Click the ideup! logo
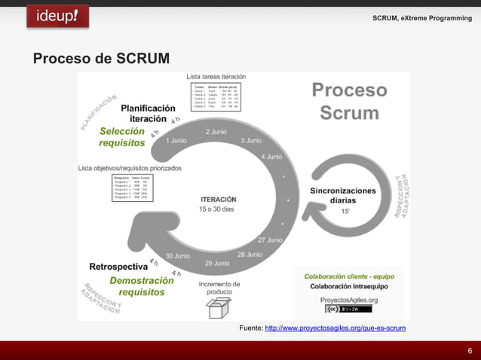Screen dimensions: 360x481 [57, 16]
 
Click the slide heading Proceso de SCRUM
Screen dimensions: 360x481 [100, 59]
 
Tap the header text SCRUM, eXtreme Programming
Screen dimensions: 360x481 [422, 17]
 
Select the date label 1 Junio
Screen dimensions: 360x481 [176, 141]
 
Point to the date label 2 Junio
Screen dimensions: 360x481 [216, 132]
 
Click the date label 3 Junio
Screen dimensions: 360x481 [251, 141]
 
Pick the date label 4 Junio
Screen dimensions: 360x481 [271, 157]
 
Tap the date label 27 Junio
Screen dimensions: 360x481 [270, 240]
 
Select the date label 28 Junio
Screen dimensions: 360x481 [250, 255]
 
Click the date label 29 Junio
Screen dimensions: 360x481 [217, 264]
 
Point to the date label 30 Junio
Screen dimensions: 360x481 [178, 256]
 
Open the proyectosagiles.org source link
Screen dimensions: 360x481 [335, 328]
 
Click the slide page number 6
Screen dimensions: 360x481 [470, 351]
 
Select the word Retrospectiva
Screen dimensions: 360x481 [118, 267]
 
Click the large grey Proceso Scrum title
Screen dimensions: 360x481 [350, 102]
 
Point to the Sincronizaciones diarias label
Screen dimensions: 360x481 [343, 196]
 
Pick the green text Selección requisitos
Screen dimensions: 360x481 [122, 137]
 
